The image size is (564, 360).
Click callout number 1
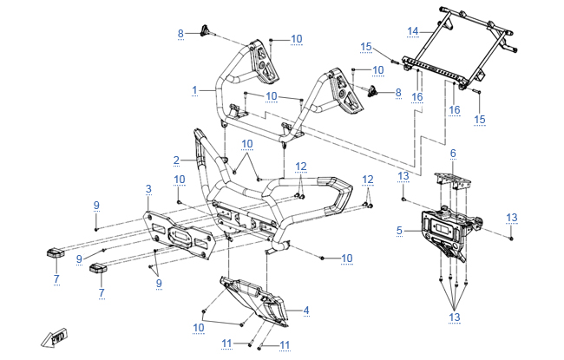click(196, 89)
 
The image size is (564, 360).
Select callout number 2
click(176, 160)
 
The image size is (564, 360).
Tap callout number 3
click(148, 188)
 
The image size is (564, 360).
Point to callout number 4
click(305, 310)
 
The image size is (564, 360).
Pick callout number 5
click(399, 231)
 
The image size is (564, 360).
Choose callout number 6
click(452, 154)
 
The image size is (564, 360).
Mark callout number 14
click(413, 31)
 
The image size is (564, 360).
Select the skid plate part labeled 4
click(259, 299)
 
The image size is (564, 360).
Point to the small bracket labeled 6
click(452, 178)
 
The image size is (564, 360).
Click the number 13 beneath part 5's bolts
click(455, 318)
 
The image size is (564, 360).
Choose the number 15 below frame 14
click(480, 120)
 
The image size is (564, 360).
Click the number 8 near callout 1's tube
click(180, 34)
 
